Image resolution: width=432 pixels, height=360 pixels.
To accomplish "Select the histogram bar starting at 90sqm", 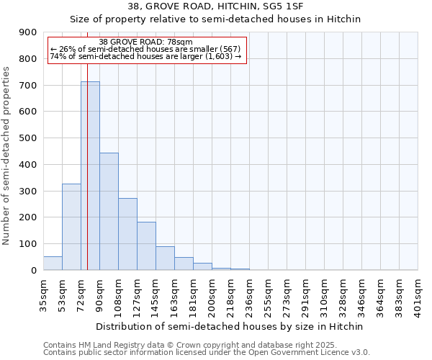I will click(109, 212).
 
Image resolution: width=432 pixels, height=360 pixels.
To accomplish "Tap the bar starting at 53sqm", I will click(71, 227).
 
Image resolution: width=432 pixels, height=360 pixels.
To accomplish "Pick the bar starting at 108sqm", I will click(127, 234).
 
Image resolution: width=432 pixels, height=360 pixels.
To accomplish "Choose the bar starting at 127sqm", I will click(146, 246).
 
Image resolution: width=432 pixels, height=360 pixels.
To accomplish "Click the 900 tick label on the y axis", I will click(28, 32).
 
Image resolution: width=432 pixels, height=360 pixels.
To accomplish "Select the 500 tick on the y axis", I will click(28, 138).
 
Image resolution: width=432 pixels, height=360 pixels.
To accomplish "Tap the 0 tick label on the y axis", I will click(34, 271).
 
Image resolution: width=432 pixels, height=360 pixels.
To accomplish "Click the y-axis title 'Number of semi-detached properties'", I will click(7, 156).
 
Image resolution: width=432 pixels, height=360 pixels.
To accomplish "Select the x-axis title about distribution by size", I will click(230, 326).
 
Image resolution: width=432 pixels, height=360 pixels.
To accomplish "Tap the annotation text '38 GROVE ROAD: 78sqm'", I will click(146, 42).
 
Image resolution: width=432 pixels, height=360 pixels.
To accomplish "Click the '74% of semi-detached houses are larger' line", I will click(146, 56).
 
